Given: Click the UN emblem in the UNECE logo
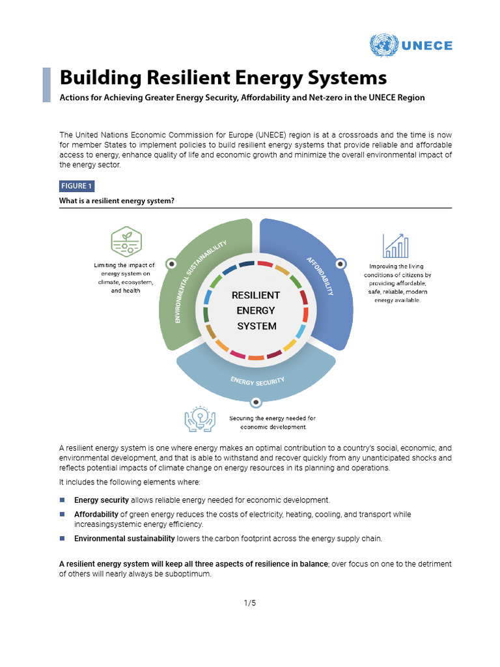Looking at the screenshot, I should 383,46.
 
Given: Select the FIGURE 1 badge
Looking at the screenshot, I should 77,186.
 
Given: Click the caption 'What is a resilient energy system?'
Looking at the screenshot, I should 117,201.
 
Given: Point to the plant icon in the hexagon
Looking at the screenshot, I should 126,242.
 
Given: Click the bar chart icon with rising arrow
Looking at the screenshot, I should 396,246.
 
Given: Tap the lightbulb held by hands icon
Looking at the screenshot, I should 201,419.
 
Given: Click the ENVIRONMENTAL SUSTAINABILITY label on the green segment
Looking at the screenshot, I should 201,281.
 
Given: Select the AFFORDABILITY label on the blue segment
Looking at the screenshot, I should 320,276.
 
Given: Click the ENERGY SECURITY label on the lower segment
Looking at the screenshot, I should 257,380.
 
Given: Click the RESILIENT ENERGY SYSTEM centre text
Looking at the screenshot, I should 256,311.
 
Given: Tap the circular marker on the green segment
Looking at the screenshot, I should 171,264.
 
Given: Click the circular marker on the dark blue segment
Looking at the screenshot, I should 340,264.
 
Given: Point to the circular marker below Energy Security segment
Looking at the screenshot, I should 256,402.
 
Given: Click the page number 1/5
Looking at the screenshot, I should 250,603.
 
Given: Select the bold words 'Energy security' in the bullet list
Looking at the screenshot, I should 102,500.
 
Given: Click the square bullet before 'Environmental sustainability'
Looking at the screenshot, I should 62,539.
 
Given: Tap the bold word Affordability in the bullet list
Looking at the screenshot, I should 96,515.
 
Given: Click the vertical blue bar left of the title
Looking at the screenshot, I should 46,85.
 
